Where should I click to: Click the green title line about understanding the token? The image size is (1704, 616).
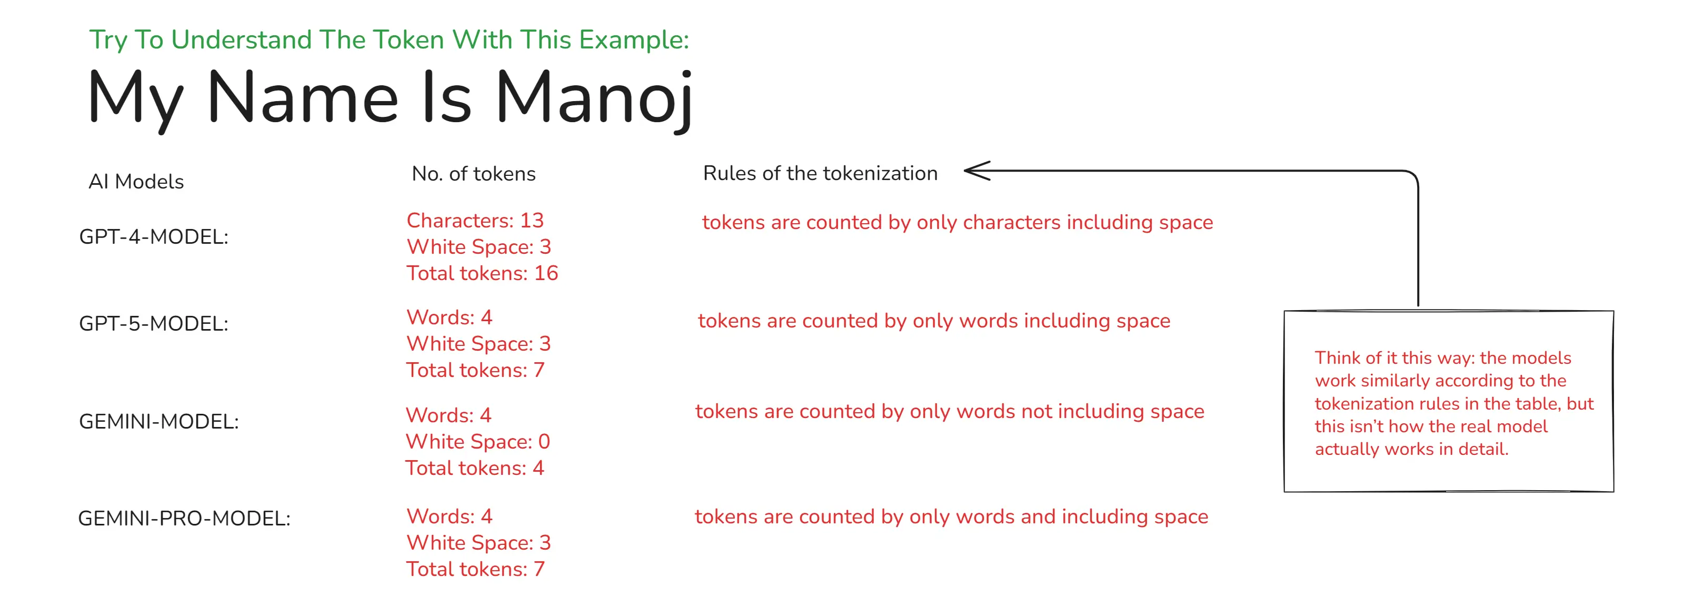pos(389,39)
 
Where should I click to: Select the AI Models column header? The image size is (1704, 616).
pos(136,181)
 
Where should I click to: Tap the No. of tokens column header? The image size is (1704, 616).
pos(474,173)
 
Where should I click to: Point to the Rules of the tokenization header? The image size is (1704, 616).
pos(820,173)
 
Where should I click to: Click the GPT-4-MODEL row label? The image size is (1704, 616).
pos(154,237)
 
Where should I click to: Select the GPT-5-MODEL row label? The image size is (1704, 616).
pos(154,324)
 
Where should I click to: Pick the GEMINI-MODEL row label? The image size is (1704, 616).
pos(159,422)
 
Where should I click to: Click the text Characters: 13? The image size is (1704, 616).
pos(475,220)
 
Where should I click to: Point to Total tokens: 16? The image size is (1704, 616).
pos(482,273)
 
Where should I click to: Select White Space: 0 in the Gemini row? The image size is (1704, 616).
pos(477,441)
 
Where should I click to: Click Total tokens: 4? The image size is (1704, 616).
pos(474,468)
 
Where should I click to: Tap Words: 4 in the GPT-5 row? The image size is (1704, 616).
pos(449,317)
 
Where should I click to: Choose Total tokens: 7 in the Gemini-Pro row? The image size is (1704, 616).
pos(475,569)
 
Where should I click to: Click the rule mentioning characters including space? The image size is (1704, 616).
pos(957,222)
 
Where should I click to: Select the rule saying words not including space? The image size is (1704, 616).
pos(949,412)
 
